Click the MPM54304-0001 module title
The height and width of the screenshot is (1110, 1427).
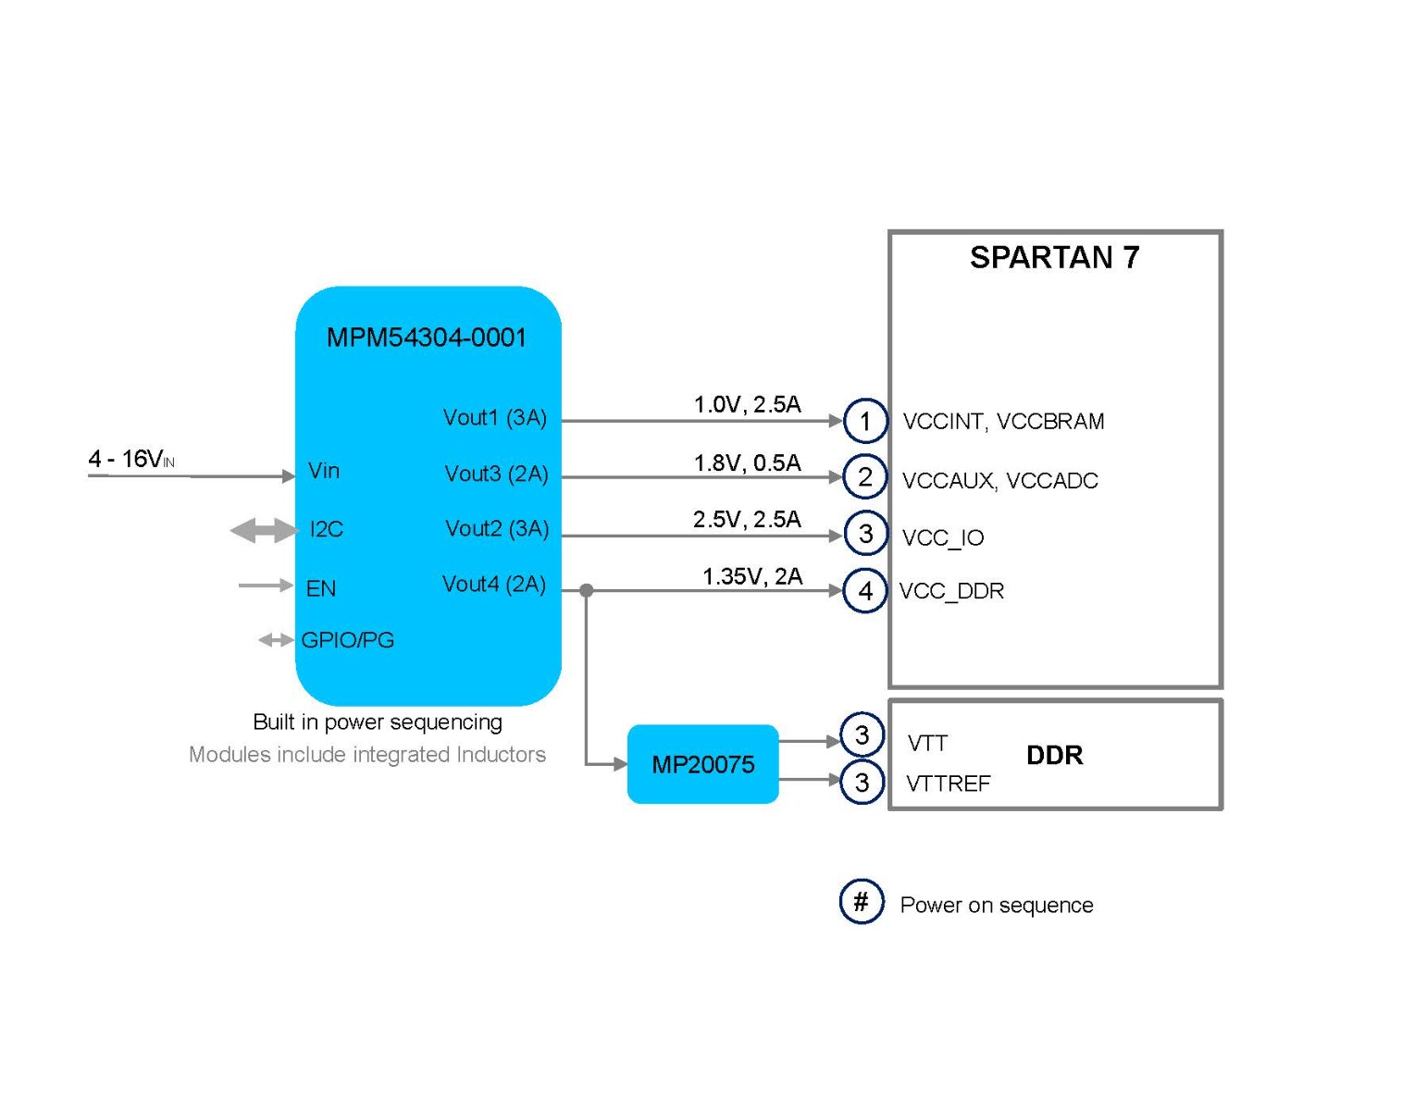pyautogui.click(x=427, y=338)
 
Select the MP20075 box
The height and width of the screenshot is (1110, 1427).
pyautogui.click(x=703, y=764)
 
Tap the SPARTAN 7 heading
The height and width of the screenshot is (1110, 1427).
pyautogui.click(x=1054, y=258)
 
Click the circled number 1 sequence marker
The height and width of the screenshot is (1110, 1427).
pyautogui.click(x=865, y=422)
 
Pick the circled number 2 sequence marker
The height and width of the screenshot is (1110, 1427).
pyautogui.click(x=865, y=477)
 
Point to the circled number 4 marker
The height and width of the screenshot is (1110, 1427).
pyautogui.click(x=865, y=591)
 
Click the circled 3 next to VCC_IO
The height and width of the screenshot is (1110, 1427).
pyautogui.click(x=865, y=534)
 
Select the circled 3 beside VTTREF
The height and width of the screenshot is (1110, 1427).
pyautogui.click(x=862, y=783)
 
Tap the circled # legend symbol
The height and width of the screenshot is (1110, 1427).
pyautogui.click(x=862, y=902)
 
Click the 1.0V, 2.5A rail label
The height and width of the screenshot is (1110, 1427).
pyautogui.click(x=747, y=404)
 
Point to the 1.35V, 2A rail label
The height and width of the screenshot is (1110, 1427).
pyautogui.click(x=751, y=577)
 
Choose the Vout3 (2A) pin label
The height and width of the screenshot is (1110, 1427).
pyautogui.click(x=496, y=475)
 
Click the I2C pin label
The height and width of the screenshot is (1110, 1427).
pyautogui.click(x=326, y=530)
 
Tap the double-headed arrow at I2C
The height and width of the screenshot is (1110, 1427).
pyautogui.click(x=264, y=531)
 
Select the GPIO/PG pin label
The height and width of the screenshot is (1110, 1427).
pyautogui.click(x=348, y=640)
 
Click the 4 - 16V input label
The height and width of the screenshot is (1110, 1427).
pyautogui.click(x=131, y=459)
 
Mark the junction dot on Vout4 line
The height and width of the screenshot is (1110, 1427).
pyautogui.click(x=587, y=590)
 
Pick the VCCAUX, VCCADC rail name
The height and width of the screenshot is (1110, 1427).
pyautogui.click(x=999, y=481)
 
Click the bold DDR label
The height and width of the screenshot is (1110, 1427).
pyautogui.click(x=1054, y=756)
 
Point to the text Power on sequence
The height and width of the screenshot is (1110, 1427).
pyautogui.click(x=996, y=906)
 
